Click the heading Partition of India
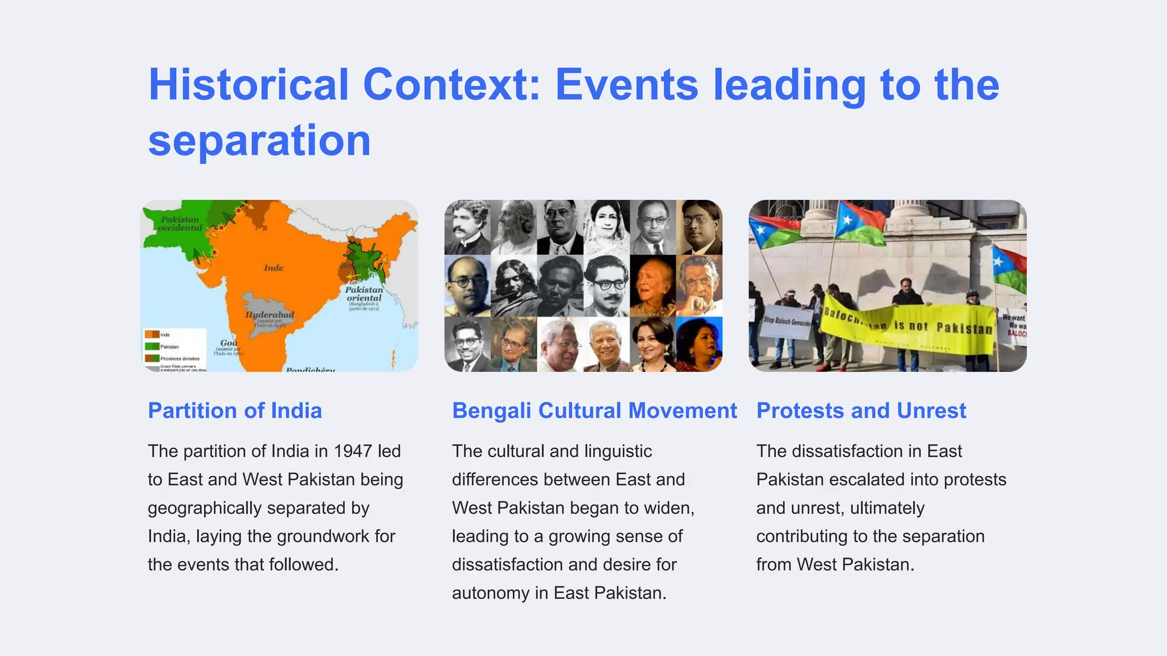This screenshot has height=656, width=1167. (x=235, y=411)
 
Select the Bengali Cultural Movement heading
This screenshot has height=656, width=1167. (x=594, y=411)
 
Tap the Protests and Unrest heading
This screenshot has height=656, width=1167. (x=861, y=411)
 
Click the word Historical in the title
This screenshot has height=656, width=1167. (x=248, y=85)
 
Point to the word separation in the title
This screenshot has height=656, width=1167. (x=259, y=140)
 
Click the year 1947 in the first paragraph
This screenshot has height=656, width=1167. (x=352, y=451)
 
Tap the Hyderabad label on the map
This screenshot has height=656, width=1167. (x=270, y=314)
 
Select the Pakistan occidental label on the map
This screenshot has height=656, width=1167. (x=180, y=223)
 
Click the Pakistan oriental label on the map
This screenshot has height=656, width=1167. (x=364, y=294)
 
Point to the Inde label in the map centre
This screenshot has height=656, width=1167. (x=274, y=268)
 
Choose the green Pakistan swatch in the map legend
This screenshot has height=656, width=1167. (x=152, y=346)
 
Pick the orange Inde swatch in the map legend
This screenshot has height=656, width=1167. (x=152, y=334)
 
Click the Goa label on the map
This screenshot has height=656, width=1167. (x=228, y=343)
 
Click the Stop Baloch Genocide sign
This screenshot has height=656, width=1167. (x=787, y=322)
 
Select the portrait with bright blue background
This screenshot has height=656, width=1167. (x=699, y=344)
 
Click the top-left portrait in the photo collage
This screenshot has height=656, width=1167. (x=467, y=227)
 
